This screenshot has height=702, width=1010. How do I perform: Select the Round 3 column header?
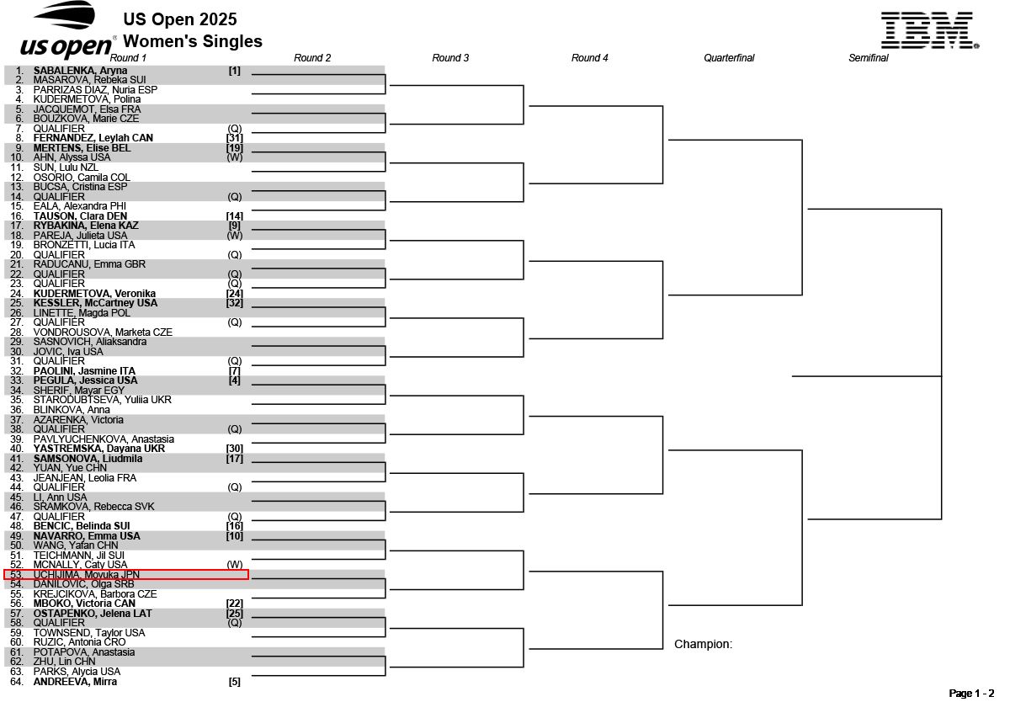click(x=450, y=58)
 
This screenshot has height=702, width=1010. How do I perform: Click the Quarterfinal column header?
click(x=729, y=58)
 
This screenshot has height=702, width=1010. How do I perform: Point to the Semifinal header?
click(x=868, y=58)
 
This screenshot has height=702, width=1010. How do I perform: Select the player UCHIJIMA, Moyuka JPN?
click(x=86, y=574)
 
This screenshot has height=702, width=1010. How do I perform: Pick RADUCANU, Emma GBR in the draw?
click(x=89, y=264)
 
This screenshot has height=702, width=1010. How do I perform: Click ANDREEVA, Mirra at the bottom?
click(x=75, y=682)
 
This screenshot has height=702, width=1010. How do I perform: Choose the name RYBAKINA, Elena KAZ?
click(x=86, y=226)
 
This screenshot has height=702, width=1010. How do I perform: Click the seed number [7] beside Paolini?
click(x=235, y=371)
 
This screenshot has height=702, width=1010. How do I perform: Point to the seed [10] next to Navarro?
click(x=235, y=536)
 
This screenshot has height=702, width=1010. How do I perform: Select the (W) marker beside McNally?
click(x=235, y=565)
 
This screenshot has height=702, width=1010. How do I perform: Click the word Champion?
click(x=703, y=645)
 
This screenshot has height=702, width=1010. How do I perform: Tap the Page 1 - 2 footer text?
click(x=971, y=694)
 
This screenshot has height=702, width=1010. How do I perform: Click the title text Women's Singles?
click(x=193, y=41)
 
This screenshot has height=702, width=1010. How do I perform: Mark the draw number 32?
click(x=17, y=371)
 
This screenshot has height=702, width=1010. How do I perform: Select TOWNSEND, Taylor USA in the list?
click(x=89, y=633)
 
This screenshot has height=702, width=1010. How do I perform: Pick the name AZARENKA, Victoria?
click(x=78, y=419)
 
